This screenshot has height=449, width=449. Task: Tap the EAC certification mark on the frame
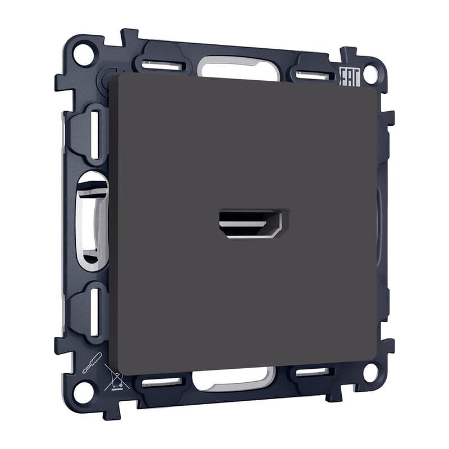click(349, 77)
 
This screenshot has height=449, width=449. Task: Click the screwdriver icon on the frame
click(92, 363)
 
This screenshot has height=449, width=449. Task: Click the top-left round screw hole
click(84, 53)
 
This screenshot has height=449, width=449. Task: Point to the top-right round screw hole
click(371, 75)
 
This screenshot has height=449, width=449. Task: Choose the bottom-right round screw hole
click(370, 372)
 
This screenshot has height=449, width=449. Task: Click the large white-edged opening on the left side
click(91, 221)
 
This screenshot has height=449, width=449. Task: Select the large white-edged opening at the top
click(239, 67)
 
